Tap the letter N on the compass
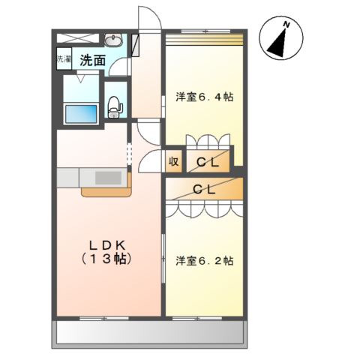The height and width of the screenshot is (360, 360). click(x=286, y=25)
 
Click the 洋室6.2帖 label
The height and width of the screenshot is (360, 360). click(x=204, y=261)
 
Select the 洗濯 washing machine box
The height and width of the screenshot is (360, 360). click(x=63, y=59)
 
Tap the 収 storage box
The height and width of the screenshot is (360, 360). click(x=173, y=161)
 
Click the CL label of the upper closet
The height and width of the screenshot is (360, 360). click(x=208, y=160)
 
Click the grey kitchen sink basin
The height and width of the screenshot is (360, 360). click(x=109, y=178)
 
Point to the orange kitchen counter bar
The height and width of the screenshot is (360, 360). click(x=104, y=192)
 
